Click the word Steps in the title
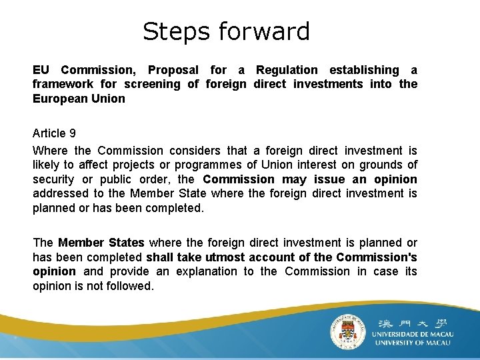point(171,32)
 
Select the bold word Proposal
point(173,70)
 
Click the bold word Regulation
point(287,70)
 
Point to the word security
point(54,179)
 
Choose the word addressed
point(62,193)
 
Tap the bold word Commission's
point(377,257)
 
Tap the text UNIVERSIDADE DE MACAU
point(411,333)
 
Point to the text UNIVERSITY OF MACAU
point(413,343)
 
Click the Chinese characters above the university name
point(412,319)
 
